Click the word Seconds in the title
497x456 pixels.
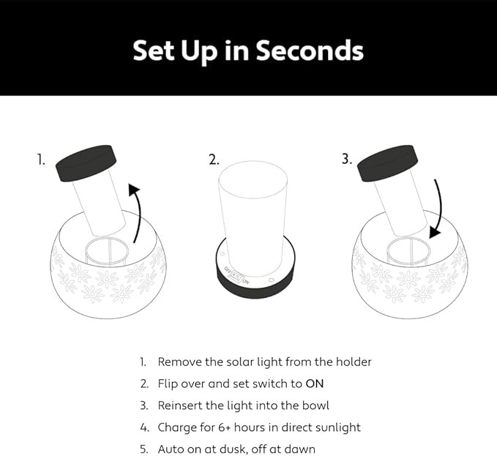[x=310, y=50]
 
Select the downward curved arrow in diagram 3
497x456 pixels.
[x=438, y=209]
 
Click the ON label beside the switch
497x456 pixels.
[x=246, y=282]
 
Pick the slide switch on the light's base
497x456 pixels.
[x=237, y=277]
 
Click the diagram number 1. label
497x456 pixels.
[x=41, y=160]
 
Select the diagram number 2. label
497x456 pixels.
[x=214, y=160]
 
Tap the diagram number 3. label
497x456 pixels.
[x=347, y=159]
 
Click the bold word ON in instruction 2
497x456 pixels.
[x=315, y=384]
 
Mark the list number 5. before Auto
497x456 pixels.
[x=144, y=449]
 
